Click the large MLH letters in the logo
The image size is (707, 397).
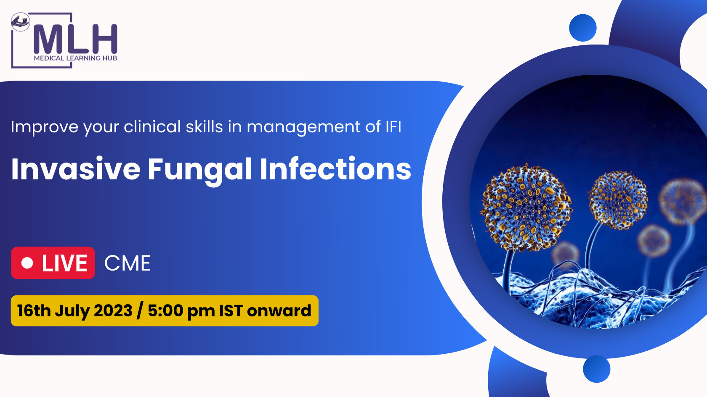tap(75, 39)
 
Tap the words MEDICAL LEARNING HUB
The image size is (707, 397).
tap(75, 58)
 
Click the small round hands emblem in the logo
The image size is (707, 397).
tap(20, 22)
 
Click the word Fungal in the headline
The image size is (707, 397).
tap(200, 170)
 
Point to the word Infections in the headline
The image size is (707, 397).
tap(335, 169)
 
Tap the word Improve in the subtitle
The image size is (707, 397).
tap(45, 127)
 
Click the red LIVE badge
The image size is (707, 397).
tap(53, 263)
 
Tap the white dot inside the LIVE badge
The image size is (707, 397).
tap(27, 263)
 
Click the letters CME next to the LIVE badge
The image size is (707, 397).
tap(128, 263)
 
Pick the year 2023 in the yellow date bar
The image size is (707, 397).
tap(113, 311)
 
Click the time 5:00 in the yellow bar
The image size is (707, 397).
tap(165, 311)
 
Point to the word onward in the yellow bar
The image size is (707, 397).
tap(279, 311)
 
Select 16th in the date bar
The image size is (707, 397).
tap(34, 311)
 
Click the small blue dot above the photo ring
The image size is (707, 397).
tap(582, 28)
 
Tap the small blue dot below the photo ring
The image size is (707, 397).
tap(597, 369)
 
